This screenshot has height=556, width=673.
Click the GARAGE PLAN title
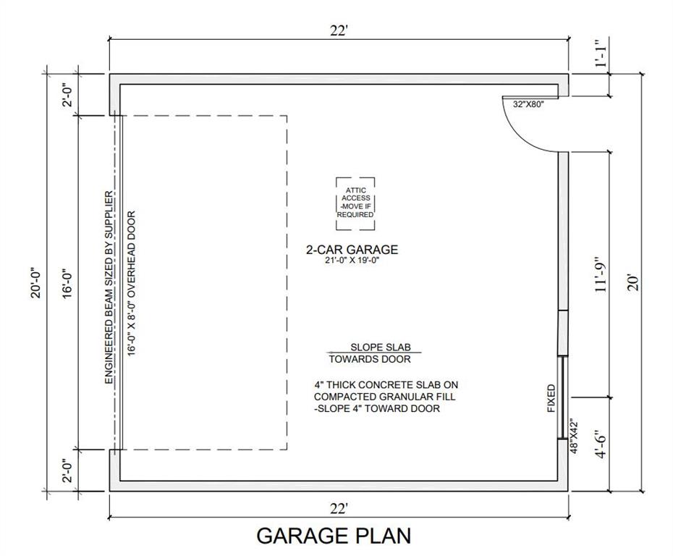pos(334,536)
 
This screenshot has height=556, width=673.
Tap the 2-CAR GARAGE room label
pos(352,250)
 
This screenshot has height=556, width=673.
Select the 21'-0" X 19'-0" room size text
pos(352,260)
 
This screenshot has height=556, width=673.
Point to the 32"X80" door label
pos(528,104)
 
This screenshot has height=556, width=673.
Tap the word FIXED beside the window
pos(551,398)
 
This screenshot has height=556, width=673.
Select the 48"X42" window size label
pos(574,437)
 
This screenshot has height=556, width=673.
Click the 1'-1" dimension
pos(601,54)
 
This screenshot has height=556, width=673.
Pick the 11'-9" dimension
pos(601,275)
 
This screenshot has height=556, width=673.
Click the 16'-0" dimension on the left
pos(68,284)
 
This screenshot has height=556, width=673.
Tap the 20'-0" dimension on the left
pos(35,283)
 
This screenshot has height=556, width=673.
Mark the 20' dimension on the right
pos(633,283)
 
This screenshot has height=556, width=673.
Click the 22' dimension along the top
pos(338,30)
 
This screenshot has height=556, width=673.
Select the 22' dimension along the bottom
pos(338,509)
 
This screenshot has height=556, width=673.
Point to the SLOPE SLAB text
pos(381,347)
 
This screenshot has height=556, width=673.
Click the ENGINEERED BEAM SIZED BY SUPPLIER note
pos(109,287)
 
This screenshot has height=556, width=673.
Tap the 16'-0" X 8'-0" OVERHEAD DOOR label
pos(132,283)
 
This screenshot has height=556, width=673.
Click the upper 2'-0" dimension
pos(68,96)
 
